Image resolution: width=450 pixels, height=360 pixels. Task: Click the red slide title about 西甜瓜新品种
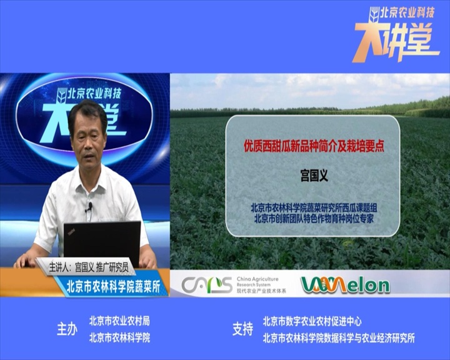point(314,146)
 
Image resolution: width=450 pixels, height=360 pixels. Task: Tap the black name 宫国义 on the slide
point(314,176)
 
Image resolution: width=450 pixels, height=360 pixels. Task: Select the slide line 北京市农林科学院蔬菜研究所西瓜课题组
point(314,207)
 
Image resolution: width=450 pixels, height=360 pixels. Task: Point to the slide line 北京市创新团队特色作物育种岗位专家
point(314,219)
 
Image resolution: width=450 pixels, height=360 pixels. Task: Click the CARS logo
point(206,284)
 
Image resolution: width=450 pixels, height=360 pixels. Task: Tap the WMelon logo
point(345,284)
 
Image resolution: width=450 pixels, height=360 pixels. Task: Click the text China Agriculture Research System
point(257,282)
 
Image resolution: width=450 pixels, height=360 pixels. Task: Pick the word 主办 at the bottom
point(67,329)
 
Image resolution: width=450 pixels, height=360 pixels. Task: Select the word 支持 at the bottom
point(242,329)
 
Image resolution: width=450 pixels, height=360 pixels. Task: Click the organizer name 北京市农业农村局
point(119,321)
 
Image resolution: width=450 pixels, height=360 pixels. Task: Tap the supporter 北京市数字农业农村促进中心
point(312,321)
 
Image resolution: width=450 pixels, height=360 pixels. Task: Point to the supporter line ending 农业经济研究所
point(339,338)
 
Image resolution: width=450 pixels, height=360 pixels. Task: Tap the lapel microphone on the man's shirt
point(90,206)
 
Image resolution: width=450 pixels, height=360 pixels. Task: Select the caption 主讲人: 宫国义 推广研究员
point(88,267)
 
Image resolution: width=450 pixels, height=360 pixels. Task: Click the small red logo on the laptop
point(71,231)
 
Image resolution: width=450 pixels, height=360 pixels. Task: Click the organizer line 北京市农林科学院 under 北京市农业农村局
point(119,338)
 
